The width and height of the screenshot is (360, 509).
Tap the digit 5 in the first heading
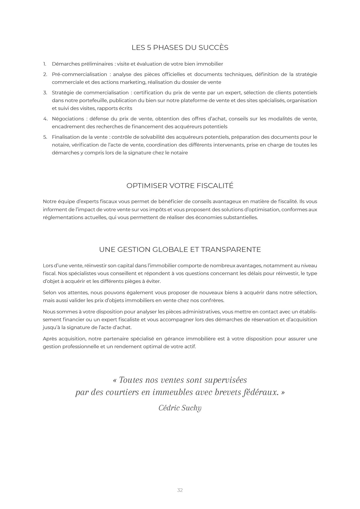coord(149,48)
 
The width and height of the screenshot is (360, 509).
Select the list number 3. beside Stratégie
coord(45,93)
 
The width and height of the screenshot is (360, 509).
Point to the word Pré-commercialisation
coord(79,75)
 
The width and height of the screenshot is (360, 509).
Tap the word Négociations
coord(68,119)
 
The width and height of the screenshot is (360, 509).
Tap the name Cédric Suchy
coord(180,408)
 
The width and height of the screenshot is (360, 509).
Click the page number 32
coord(180,490)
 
